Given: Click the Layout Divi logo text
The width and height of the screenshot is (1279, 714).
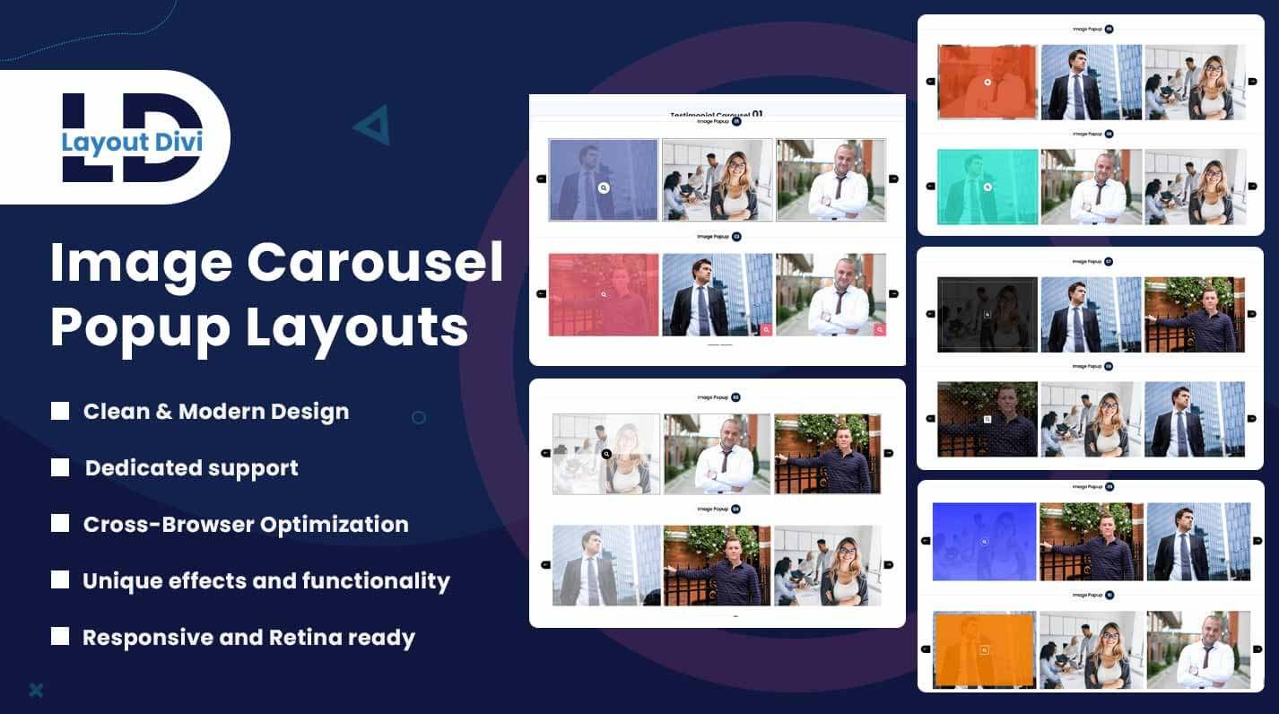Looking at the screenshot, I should pyautogui.click(x=132, y=142).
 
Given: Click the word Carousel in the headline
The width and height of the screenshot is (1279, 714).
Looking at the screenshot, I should pyautogui.click(x=375, y=263).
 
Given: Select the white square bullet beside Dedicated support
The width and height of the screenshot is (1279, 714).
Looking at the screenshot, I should pyautogui.click(x=60, y=467).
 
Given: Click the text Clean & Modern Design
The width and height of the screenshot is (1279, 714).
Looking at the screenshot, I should pyautogui.click(x=216, y=412).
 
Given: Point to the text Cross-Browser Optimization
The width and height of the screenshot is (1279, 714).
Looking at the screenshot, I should pyautogui.click(x=246, y=525).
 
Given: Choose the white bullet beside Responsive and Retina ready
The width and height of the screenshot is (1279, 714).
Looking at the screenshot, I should pyautogui.click(x=60, y=637).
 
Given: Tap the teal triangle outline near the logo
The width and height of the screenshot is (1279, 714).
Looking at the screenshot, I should pyautogui.click(x=372, y=125).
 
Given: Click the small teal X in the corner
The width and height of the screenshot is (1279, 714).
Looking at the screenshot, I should pyautogui.click(x=36, y=690).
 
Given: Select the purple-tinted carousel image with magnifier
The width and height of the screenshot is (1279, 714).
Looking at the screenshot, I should pyautogui.click(x=603, y=179).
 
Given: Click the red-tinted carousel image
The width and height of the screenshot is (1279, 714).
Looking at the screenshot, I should pyautogui.click(x=603, y=294).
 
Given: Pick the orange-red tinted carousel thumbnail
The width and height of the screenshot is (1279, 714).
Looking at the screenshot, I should pyautogui.click(x=987, y=82).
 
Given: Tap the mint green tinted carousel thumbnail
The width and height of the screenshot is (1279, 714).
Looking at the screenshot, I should pyautogui.click(x=987, y=187).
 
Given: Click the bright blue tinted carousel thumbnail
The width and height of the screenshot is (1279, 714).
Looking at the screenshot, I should pyautogui.click(x=984, y=541).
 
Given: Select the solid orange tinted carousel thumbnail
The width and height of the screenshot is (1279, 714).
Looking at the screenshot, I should pyautogui.click(x=984, y=649).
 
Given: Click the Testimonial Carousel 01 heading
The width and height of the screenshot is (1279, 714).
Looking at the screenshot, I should pyautogui.click(x=717, y=114).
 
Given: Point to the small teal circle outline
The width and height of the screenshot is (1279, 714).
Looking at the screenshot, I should pyautogui.click(x=418, y=417).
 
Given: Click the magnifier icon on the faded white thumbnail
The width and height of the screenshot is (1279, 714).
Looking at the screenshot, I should pyautogui.click(x=606, y=454).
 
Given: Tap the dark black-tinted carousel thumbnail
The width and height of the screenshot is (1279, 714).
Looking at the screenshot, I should pyautogui.click(x=987, y=314).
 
